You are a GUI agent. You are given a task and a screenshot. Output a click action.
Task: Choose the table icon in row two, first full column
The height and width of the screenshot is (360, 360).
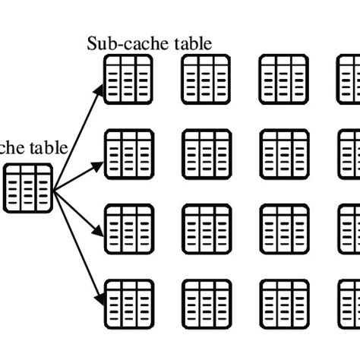(x=125, y=152)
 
